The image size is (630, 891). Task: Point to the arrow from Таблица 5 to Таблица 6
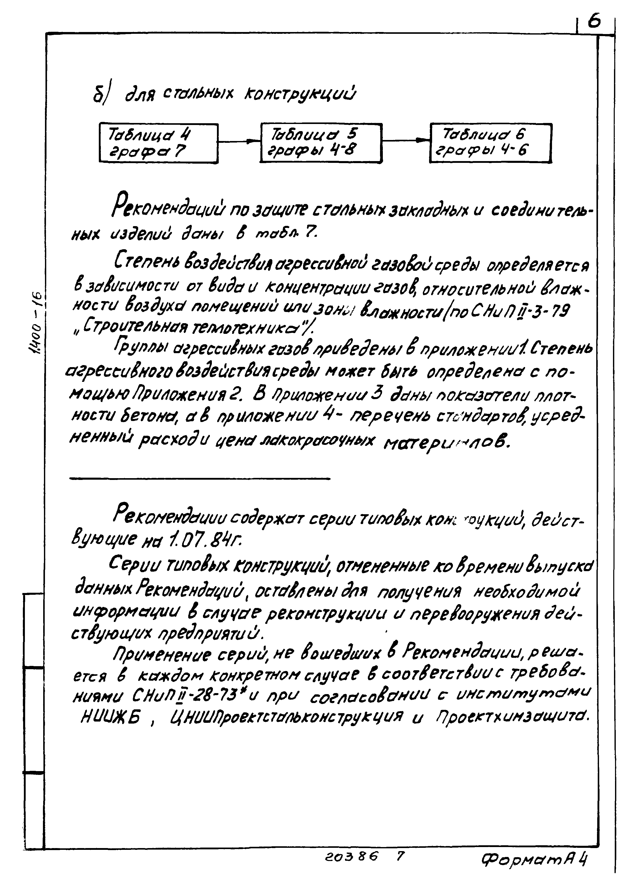pos(406,140)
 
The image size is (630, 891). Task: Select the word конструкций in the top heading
pos(299,94)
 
